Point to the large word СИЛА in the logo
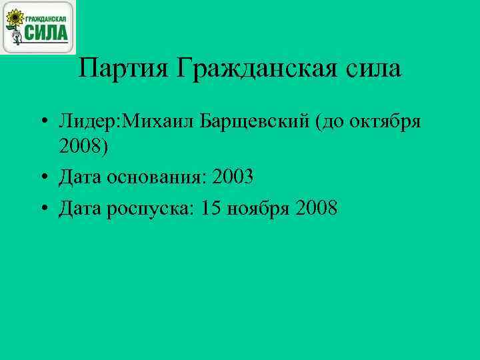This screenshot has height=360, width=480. tap(47, 32)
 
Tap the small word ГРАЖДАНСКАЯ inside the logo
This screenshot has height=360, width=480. tap(47, 13)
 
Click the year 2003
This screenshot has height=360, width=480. tap(232, 178)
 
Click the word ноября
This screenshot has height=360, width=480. tap(260, 209)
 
